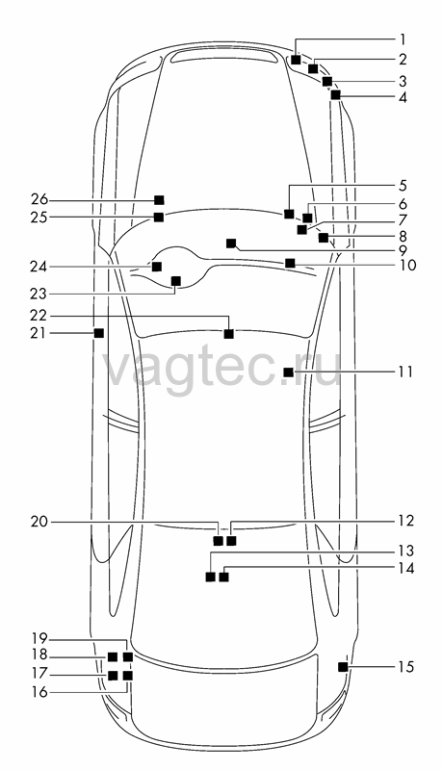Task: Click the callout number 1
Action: (403, 38)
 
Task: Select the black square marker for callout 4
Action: (335, 95)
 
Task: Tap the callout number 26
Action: (39, 200)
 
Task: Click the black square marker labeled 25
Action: (159, 218)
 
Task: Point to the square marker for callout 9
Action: (231, 244)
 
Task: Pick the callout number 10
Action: (407, 266)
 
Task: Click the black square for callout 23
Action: (175, 281)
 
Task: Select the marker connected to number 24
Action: (157, 267)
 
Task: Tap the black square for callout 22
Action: (228, 334)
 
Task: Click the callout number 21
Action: (39, 333)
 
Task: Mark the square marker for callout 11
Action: (288, 372)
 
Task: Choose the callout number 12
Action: (405, 521)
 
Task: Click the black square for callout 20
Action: (218, 541)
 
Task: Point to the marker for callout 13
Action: (210, 577)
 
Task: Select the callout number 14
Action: (405, 569)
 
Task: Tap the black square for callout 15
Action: (343, 667)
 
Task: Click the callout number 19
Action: (39, 639)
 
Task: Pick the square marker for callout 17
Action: (113, 676)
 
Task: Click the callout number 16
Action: (39, 692)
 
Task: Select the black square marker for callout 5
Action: (289, 214)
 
